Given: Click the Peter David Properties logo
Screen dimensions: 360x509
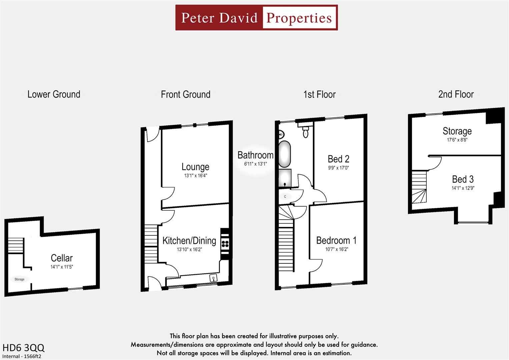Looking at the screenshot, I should point(256,18).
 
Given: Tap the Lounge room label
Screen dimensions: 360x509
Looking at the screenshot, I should point(195,167).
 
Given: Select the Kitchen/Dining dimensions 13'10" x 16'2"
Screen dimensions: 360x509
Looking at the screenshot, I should point(189,249).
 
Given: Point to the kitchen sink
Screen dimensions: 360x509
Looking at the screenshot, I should point(213,277).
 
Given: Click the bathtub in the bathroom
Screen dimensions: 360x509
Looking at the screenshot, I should point(284,154).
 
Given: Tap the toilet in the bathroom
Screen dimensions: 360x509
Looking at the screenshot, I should point(305,133).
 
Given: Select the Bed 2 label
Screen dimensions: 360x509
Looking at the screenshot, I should point(338,159).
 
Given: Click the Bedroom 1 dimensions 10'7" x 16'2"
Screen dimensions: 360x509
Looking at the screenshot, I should point(336,249).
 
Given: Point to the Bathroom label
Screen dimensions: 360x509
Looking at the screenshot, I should point(255,155).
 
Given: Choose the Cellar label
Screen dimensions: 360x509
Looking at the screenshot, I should point(62,258).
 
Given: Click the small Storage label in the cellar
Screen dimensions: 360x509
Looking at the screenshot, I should point(19,279).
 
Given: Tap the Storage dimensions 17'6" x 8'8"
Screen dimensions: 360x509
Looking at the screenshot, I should point(457,140).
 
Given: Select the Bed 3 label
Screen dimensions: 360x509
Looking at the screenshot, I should point(463,179).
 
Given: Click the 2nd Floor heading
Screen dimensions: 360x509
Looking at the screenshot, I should point(456,94).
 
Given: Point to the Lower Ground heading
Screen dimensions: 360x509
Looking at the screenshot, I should point(54,94).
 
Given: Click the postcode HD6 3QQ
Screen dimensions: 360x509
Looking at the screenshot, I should point(23,348).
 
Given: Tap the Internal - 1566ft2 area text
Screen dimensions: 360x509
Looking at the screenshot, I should point(22,356).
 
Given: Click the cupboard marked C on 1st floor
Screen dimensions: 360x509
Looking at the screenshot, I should point(285,197).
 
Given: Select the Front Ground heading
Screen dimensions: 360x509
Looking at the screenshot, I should point(185,94).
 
